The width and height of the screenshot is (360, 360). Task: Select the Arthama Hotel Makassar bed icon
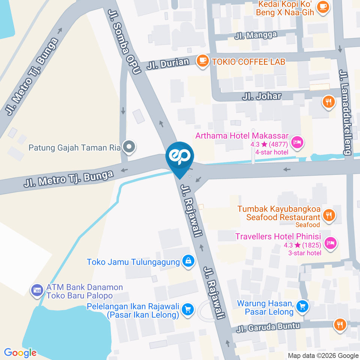(x=298, y=142)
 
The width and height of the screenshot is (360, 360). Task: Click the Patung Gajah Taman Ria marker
(x=129, y=148)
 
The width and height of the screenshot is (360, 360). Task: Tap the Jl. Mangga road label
(x=256, y=36)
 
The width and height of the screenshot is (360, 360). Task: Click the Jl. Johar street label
(x=261, y=96)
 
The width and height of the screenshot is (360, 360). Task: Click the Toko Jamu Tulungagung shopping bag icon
(x=188, y=261)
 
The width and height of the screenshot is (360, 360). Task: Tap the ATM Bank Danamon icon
(x=37, y=290)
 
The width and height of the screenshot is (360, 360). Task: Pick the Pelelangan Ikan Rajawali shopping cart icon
(x=187, y=309)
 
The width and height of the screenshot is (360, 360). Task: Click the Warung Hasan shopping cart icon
(x=302, y=306)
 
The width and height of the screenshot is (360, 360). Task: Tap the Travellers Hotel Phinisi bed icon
(x=330, y=243)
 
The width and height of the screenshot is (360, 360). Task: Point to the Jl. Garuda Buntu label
(x=268, y=327)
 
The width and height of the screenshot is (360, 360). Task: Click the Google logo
(x=20, y=352)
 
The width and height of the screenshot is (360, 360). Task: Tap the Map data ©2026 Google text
(x=323, y=355)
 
